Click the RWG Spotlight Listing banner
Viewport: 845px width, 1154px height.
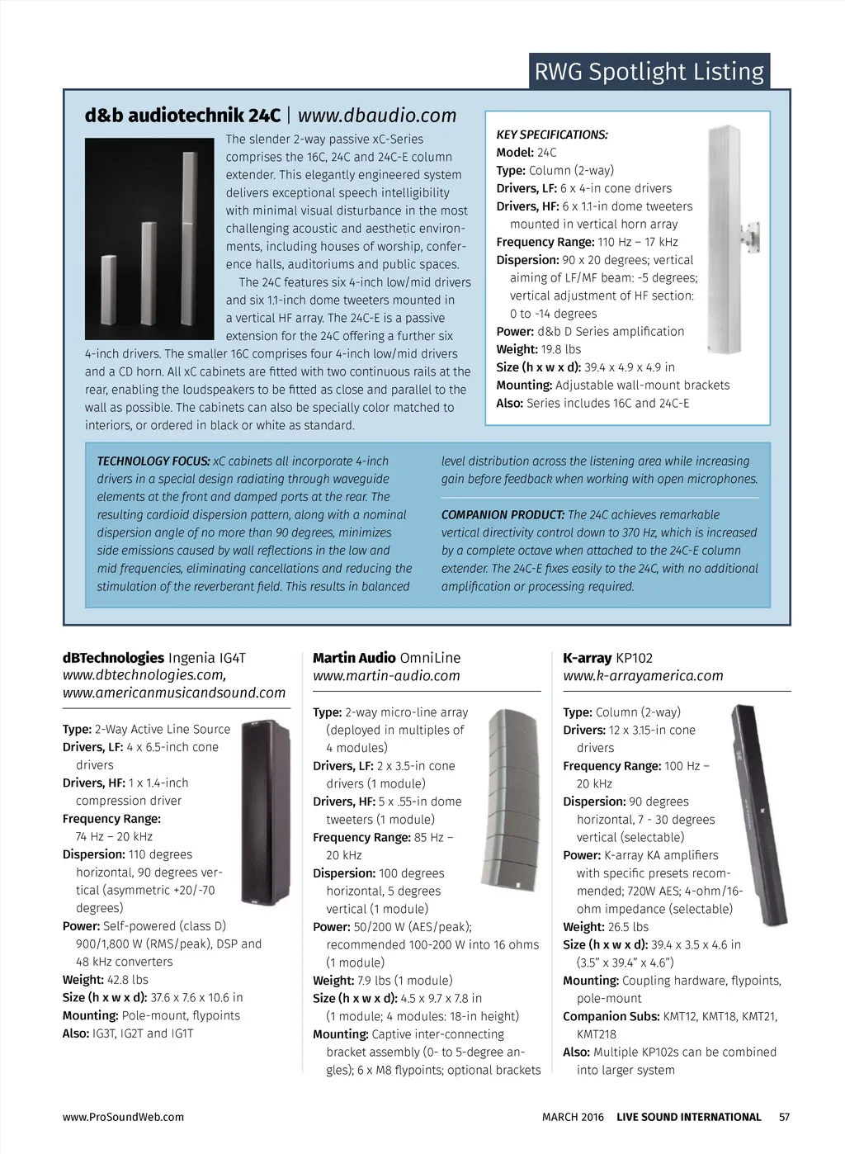[649, 72]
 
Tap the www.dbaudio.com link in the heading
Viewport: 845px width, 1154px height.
[376, 116]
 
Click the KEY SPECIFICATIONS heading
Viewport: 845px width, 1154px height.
[551, 135]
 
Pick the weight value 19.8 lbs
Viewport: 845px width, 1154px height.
[561, 349]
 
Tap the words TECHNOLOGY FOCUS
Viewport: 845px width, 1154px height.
[153, 461]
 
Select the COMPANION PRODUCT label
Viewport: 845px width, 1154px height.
[503, 515]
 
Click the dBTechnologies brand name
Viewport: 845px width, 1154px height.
[113, 658]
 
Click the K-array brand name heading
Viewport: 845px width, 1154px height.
[587, 658]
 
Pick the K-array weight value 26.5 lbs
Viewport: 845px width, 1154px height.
[628, 927]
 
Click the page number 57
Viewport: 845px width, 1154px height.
[784, 1117]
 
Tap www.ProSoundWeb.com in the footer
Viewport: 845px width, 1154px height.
[123, 1117]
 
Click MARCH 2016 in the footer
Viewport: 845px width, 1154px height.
[573, 1117]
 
